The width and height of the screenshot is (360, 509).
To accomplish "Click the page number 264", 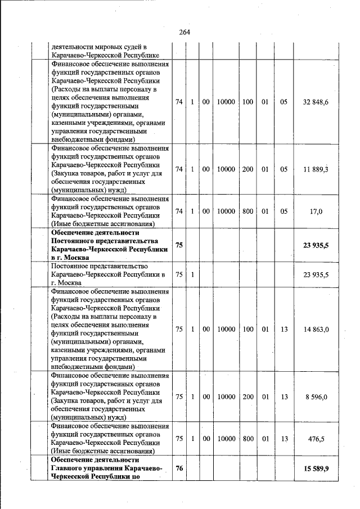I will (184, 32).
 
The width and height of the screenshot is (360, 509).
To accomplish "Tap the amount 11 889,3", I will (316, 169).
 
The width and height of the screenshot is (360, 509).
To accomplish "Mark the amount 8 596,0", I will (317, 397).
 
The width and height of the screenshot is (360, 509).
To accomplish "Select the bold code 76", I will (179, 469).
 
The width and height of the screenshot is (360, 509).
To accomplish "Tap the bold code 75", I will (179, 245).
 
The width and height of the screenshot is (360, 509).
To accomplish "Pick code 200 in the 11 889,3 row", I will (247, 169).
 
